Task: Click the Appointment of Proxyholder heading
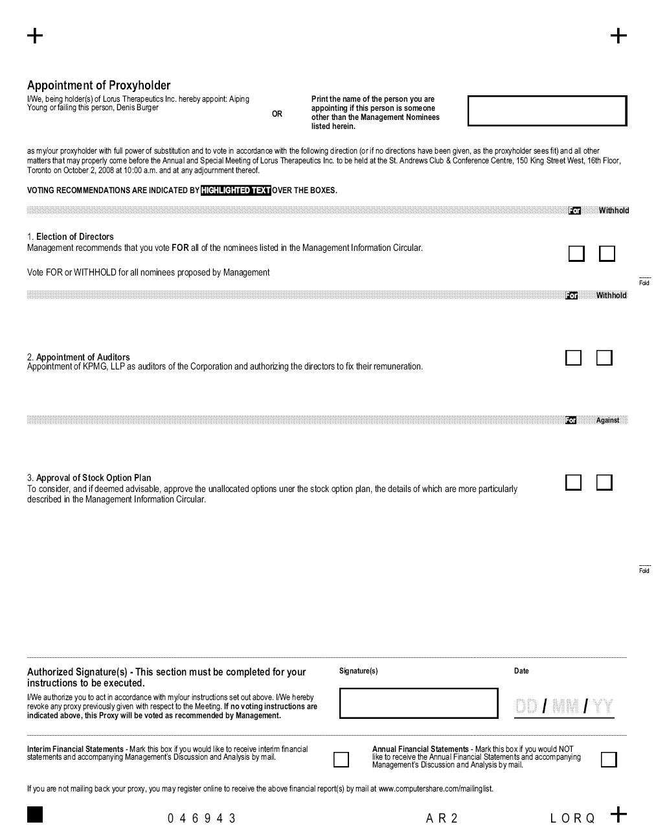[x=98, y=86]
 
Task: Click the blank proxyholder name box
[x=547, y=111]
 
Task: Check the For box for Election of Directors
[x=576, y=253]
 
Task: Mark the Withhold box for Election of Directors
[x=607, y=253]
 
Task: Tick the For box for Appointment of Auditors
[x=573, y=358]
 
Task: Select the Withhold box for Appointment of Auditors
[x=604, y=358]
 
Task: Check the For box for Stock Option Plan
[x=573, y=482]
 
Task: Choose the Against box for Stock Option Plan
[x=604, y=482]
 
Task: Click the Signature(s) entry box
[x=418, y=703]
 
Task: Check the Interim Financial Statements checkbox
[x=341, y=759]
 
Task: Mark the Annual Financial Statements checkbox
[x=609, y=759]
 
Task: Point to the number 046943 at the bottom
[x=202, y=819]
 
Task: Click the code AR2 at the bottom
[x=442, y=819]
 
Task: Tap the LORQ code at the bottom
[x=572, y=819]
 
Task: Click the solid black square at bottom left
[x=35, y=814]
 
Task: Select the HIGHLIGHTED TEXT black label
[x=236, y=191]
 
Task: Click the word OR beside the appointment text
[x=277, y=114]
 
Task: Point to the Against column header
[x=607, y=421]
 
